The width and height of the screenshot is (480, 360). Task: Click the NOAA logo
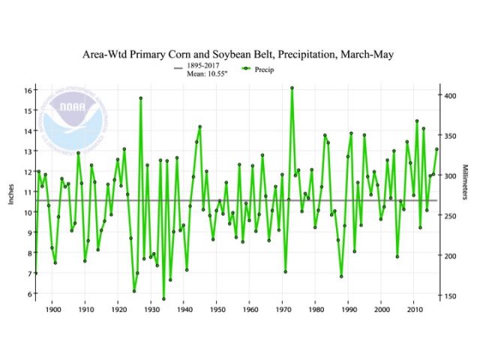[75, 120]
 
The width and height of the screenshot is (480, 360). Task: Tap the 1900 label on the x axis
[52, 309]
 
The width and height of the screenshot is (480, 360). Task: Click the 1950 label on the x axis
[217, 309]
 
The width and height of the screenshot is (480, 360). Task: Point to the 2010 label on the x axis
[415, 309]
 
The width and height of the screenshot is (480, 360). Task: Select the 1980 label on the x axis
[316, 309]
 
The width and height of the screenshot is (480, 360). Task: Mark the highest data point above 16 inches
[292, 88]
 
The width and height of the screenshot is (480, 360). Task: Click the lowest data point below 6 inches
[163, 299]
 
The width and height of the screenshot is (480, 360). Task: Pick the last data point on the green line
[436, 149]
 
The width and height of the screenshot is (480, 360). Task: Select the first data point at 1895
[36, 273]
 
